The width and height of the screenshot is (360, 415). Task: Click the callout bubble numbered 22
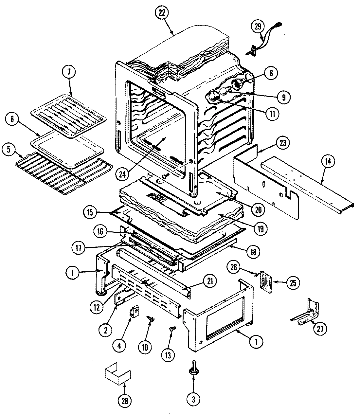pos(163,13)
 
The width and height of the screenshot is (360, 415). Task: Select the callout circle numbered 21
pos(209,280)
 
